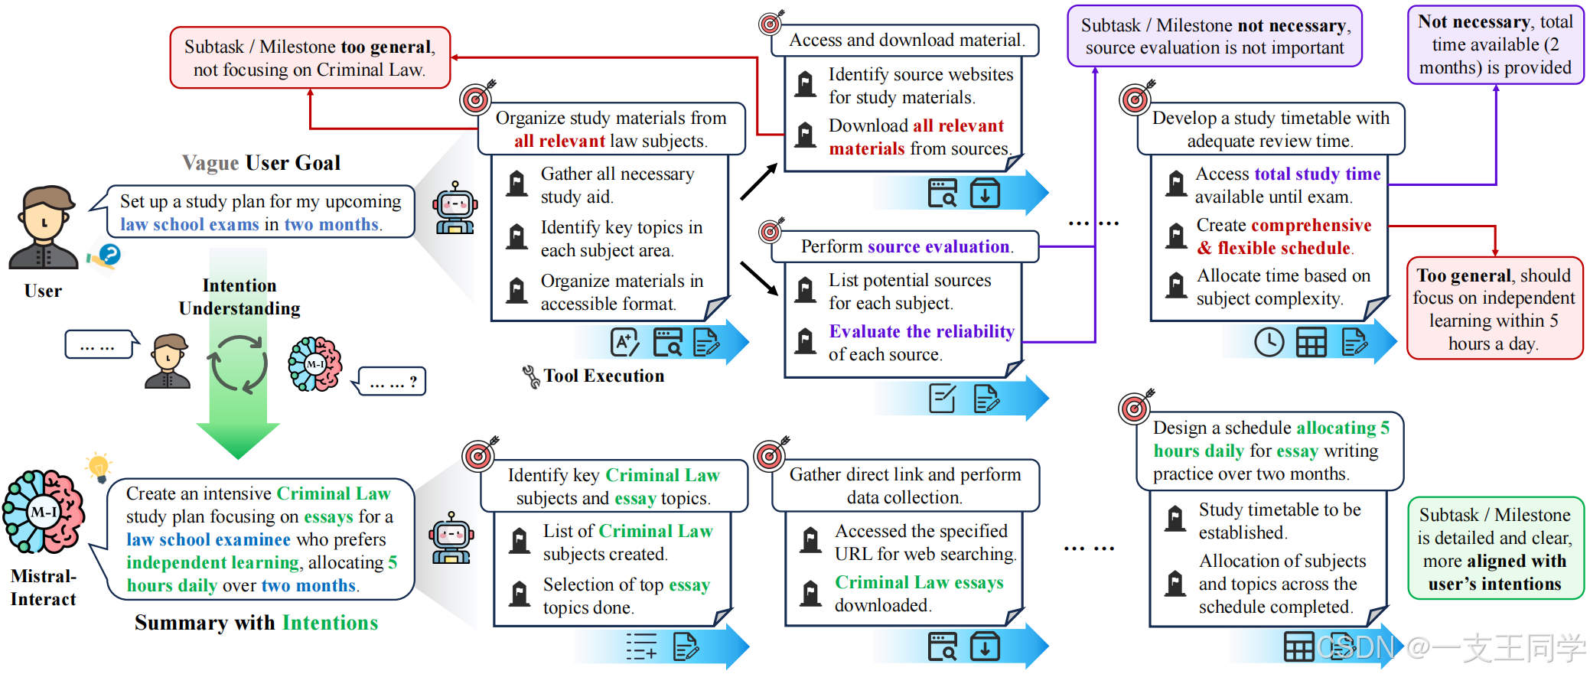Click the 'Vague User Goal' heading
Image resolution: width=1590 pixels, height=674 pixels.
[x=261, y=163]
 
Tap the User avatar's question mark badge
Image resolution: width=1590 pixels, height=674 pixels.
[x=110, y=254]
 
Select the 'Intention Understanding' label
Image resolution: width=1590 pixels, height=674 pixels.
[x=239, y=297]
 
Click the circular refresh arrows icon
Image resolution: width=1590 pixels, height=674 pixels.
[x=238, y=365]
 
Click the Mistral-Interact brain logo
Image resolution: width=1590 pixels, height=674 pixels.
[x=44, y=512]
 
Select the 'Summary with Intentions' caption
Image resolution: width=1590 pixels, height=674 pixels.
[x=256, y=623]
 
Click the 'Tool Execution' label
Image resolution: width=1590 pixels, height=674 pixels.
[x=604, y=376]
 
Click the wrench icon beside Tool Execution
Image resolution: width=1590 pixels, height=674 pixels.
[x=530, y=376]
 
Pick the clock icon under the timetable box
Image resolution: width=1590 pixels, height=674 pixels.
[x=1269, y=342]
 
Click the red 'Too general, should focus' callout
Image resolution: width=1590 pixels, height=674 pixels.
[x=1494, y=308]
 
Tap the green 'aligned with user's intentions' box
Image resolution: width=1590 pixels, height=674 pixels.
[x=1495, y=549]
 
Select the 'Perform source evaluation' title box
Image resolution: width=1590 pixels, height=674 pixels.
[x=906, y=246]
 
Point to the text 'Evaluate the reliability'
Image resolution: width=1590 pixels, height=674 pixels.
[x=921, y=332]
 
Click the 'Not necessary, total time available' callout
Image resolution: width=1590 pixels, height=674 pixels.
[x=1495, y=44]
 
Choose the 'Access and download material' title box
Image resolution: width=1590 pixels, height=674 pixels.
[x=906, y=40]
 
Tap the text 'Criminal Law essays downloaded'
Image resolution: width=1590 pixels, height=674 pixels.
[x=918, y=594]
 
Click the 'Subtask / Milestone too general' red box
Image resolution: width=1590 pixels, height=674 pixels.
[x=310, y=58]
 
